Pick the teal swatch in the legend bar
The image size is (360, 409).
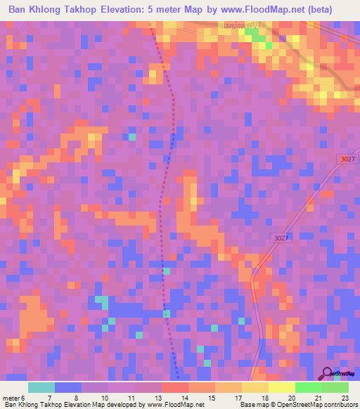pos(41,387)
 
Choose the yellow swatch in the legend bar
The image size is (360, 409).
pos(281,387)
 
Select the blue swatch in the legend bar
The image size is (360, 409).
pos(67,387)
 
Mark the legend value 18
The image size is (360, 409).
pos(264,397)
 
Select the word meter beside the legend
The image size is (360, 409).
pos(12,397)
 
